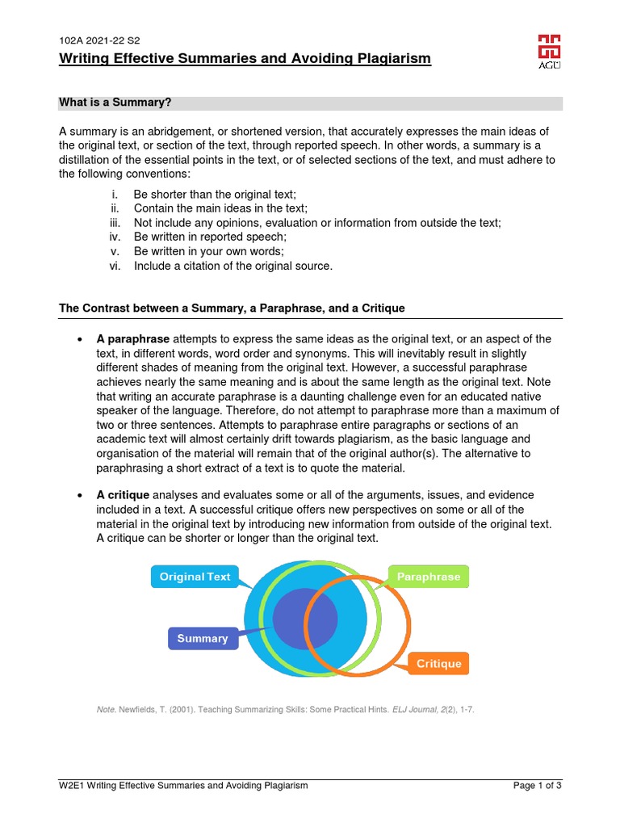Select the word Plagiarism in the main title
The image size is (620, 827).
click(392, 59)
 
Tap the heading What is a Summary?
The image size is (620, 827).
click(115, 103)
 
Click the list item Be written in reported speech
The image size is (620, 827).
click(210, 237)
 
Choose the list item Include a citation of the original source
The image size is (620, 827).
click(232, 267)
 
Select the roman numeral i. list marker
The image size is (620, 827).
click(115, 194)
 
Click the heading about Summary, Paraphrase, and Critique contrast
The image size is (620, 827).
click(232, 309)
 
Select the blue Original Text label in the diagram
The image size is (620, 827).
click(195, 577)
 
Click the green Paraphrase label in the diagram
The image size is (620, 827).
click(429, 577)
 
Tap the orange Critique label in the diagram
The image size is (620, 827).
click(438, 664)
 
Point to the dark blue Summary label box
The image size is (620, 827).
click(203, 638)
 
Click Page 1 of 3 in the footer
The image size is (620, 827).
click(538, 785)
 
